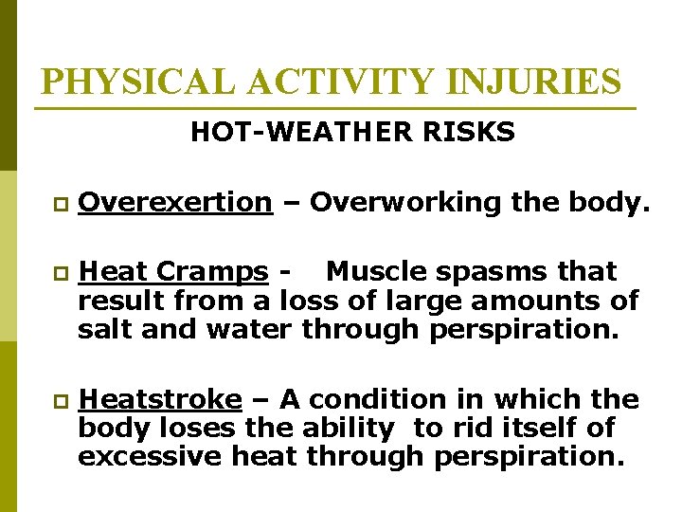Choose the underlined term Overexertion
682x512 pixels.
[175, 202]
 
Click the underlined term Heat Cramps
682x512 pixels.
[173, 271]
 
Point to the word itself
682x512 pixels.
[536, 429]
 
